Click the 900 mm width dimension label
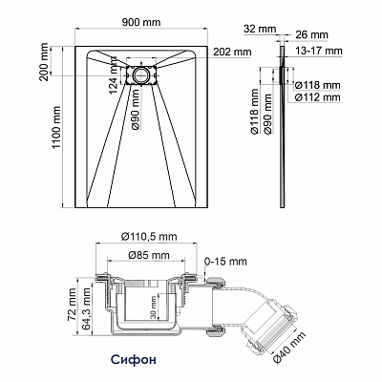[x=141, y=22]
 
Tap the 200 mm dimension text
[x=44, y=62]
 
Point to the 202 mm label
[x=232, y=52]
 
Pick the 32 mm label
[x=260, y=29]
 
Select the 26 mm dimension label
[x=311, y=34]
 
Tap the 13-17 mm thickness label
[x=319, y=51]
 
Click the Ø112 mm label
[x=317, y=97]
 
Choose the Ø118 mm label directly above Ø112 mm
[x=317, y=85]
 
